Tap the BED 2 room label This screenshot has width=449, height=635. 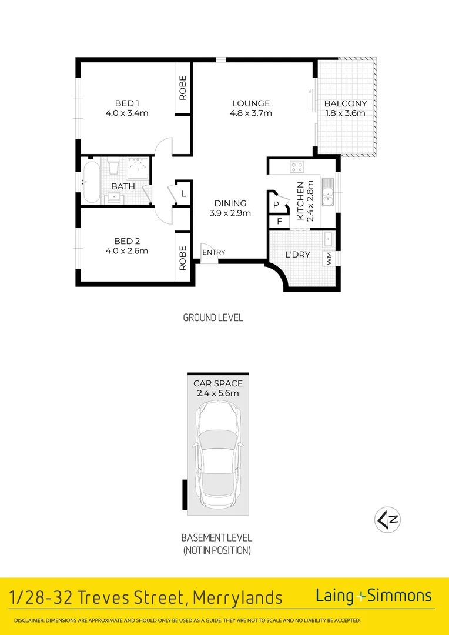(x=127, y=241)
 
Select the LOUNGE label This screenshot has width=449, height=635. (x=250, y=103)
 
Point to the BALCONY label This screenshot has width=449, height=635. (x=346, y=103)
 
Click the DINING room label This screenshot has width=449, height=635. (x=230, y=203)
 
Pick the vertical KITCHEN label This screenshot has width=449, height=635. (x=300, y=200)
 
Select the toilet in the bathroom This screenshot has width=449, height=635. (x=115, y=167)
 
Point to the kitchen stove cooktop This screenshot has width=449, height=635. (x=296, y=167)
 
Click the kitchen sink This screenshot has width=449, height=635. (x=327, y=192)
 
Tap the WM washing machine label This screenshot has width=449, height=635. (x=329, y=259)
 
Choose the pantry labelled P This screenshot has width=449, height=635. (x=276, y=205)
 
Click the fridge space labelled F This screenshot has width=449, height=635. (x=279, y=222)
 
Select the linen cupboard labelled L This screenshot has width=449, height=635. (x=183, y=193)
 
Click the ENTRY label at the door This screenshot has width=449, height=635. (x=214, y=252)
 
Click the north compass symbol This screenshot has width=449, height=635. (x=387, y=520)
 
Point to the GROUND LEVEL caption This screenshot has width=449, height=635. (x=213, y=317)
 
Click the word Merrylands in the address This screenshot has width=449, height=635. (x=237, y=598)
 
